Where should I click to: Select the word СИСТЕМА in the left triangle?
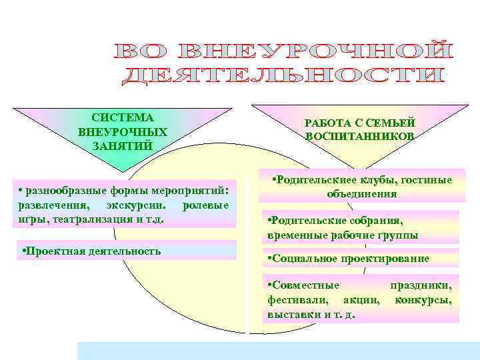[123, 117]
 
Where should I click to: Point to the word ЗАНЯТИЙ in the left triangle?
[123, 145]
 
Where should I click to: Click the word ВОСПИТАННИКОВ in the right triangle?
[360, 136]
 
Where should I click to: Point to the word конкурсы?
[423, 300]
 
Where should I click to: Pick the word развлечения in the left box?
[50, 203]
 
